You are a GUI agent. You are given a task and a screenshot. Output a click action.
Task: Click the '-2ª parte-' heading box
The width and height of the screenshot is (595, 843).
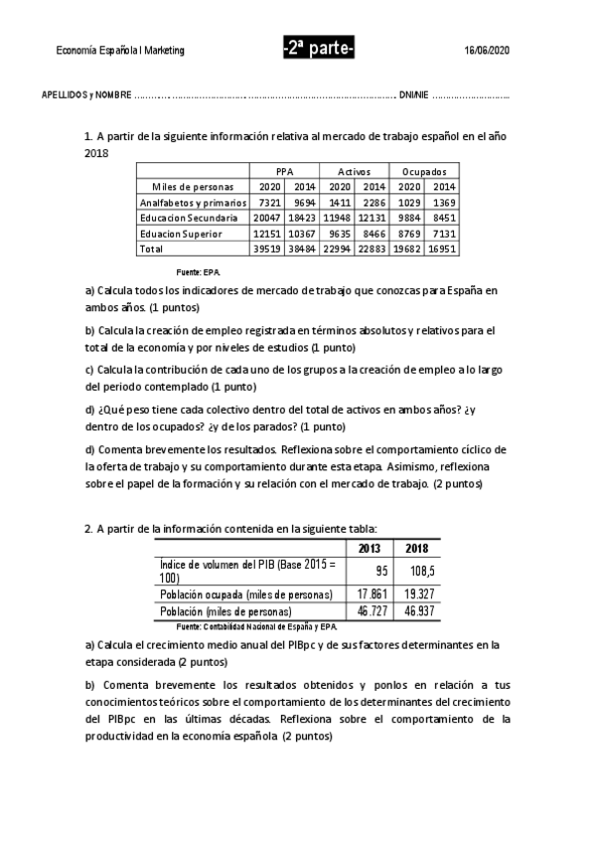318,50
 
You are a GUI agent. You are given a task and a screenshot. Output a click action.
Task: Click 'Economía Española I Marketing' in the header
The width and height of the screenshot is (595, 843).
120,51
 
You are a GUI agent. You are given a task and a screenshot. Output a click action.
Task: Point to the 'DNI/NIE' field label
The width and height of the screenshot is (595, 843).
413,94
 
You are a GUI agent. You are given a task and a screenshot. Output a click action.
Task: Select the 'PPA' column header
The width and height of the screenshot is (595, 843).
285,171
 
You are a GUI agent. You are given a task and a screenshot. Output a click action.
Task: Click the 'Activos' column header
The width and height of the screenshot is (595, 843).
355,171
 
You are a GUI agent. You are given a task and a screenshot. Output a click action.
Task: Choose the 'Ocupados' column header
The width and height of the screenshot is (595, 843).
425,171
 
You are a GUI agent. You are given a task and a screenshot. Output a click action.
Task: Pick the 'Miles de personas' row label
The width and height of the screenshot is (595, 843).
193,186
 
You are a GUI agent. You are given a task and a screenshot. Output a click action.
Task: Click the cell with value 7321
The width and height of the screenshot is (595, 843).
269,202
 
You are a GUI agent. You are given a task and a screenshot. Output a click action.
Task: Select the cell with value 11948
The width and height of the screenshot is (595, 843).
339,217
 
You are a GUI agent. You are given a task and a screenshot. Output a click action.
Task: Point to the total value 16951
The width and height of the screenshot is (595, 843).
444,249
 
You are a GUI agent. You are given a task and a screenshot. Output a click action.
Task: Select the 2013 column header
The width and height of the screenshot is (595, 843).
370,549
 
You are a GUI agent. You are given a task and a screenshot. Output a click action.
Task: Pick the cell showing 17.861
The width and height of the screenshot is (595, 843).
370,593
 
